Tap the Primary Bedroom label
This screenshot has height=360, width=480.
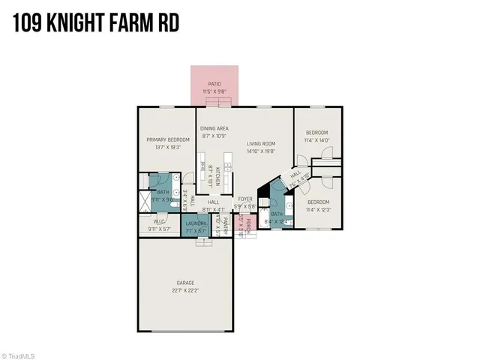(x=167, y=139)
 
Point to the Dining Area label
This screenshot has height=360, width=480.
(x=214, y=130)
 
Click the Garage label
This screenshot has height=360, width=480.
(x=185, y=283)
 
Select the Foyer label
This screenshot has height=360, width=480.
(x=245, y=199)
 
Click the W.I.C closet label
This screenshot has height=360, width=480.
(x=159, y=222)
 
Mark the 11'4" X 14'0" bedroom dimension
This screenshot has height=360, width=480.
(x=316, y=140)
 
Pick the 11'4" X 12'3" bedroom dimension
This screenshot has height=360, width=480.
(x=317, y=209)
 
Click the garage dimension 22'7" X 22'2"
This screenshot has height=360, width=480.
(x=185, y=289)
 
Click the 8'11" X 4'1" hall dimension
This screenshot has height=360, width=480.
(x=214, y=209)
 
